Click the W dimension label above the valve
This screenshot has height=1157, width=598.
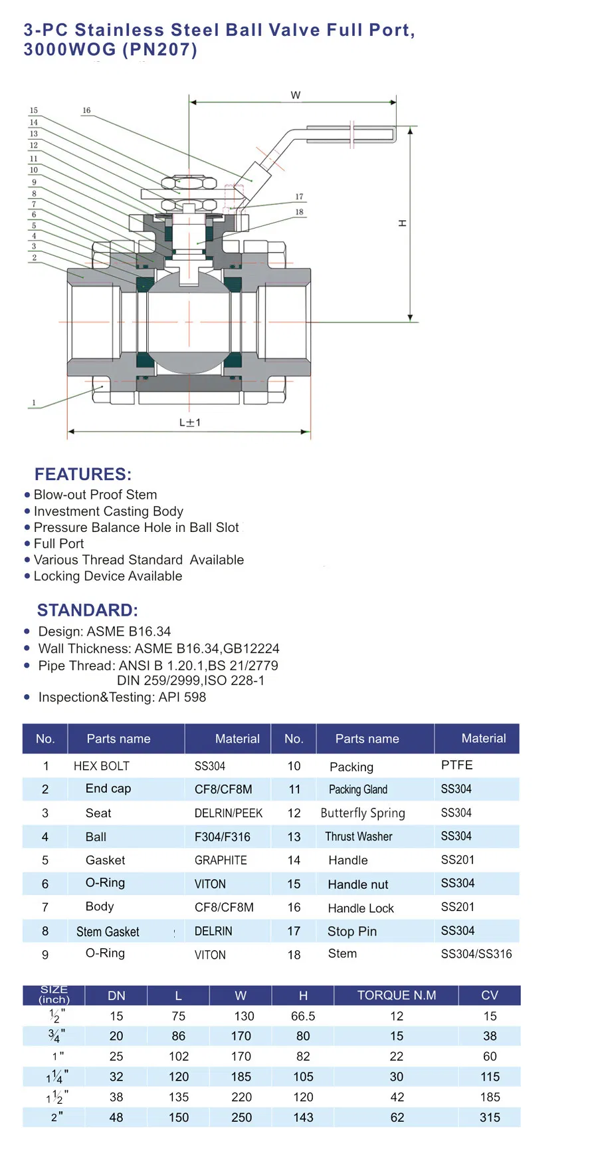click(x=296, y=95)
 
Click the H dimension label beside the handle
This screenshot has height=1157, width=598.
click(x=402, y=223)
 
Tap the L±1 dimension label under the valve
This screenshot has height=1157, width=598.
click(x=190, y=422)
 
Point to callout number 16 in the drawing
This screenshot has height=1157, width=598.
click(x=86, y=110)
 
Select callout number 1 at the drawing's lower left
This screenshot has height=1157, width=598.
click(x=34, y=403)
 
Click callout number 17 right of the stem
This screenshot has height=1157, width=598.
click(x=299, y=197)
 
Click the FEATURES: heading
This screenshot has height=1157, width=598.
click(x=83, y=474)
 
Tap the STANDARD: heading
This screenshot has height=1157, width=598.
click(x=88, y=610)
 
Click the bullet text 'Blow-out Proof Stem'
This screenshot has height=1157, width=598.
click(x=95, y=495)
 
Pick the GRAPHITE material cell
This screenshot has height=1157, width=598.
click(x=221, y=860)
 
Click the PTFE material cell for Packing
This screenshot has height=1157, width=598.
click(x=457, y=765)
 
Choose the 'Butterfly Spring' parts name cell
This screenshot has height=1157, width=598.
click(x=363, y=813)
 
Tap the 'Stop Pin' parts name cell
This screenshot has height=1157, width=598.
click(x=352, y=932)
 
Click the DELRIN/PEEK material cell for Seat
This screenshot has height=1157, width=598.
click(x=229, y=813)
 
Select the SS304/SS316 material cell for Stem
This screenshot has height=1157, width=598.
click(x=476, y=954)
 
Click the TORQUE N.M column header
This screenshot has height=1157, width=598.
click(x=397, y=995)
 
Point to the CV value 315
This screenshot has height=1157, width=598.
click(x=490, y=1118)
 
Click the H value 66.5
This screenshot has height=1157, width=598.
click(x=303, y=1016)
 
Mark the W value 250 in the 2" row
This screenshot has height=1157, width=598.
click(x=241, y=1118)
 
